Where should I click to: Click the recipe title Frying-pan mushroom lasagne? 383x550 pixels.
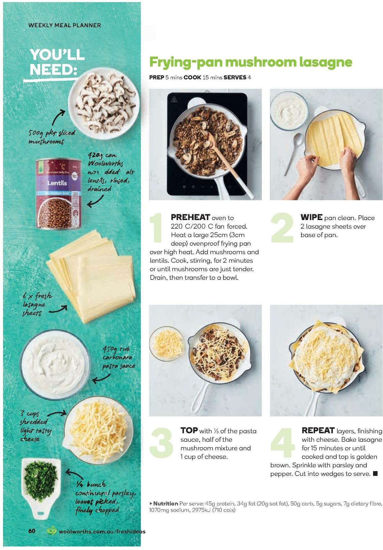(251, 62)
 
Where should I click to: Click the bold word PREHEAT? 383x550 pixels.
(191, 218)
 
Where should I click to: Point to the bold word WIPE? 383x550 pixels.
(311, 218)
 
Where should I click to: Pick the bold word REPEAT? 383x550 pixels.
(318, 431)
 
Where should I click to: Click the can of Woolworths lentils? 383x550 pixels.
(58, 194)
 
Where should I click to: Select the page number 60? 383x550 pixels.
(32, 531)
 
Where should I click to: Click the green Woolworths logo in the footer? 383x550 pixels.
(52, 531)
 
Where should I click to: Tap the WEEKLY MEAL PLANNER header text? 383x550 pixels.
(64, 25)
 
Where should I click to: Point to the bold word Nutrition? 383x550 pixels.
(165, 503)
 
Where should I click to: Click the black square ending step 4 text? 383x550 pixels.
(375, 473)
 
